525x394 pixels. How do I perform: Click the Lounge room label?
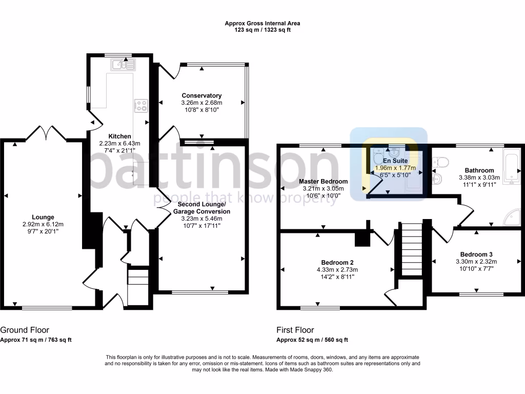click(x=43, y=217)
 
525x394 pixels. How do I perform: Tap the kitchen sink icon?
click(x=122, y=64)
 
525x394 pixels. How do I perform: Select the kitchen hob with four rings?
click(x=141, y=105)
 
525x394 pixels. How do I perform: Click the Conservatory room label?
click(x=201, y=95)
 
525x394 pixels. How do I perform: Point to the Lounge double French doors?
click(x=46, y=133)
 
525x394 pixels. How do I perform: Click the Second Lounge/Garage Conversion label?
click(x=201, y=207)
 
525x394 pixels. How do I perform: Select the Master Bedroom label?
click(x=323, y=181)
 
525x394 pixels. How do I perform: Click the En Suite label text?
click(x=395, y=161)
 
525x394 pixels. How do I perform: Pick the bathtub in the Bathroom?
click(x=511, y=167)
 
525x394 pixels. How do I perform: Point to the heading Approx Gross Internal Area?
click(x=262, y=23)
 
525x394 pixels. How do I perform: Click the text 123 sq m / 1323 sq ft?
click(x=262, y=30)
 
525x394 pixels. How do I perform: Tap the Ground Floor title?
click(x=25, y=330)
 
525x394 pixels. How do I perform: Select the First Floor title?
click(x=295, y=330)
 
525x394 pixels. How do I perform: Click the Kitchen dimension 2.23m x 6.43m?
click(x=119, y=143)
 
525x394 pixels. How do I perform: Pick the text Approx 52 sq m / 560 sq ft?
click(x=312, y=340)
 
